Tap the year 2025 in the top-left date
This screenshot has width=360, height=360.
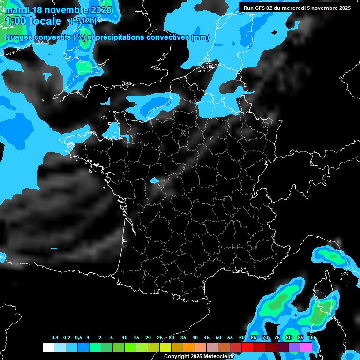point(100,9)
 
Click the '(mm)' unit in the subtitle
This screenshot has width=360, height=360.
point(201,37)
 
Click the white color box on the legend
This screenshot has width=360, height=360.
point(48,347)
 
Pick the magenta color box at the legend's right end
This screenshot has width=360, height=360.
point(306,347)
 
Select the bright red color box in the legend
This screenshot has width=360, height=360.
point(247,347)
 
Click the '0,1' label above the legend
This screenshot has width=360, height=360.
point(55,338)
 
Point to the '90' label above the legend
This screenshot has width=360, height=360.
point(312,338)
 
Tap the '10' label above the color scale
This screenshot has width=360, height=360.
point(124,338)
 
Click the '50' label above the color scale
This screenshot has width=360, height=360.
point(218,338)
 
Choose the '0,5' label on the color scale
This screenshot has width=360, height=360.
point(78,338)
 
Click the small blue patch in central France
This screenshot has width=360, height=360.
point(154,180)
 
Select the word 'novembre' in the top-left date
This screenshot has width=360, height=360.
point(67,9)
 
